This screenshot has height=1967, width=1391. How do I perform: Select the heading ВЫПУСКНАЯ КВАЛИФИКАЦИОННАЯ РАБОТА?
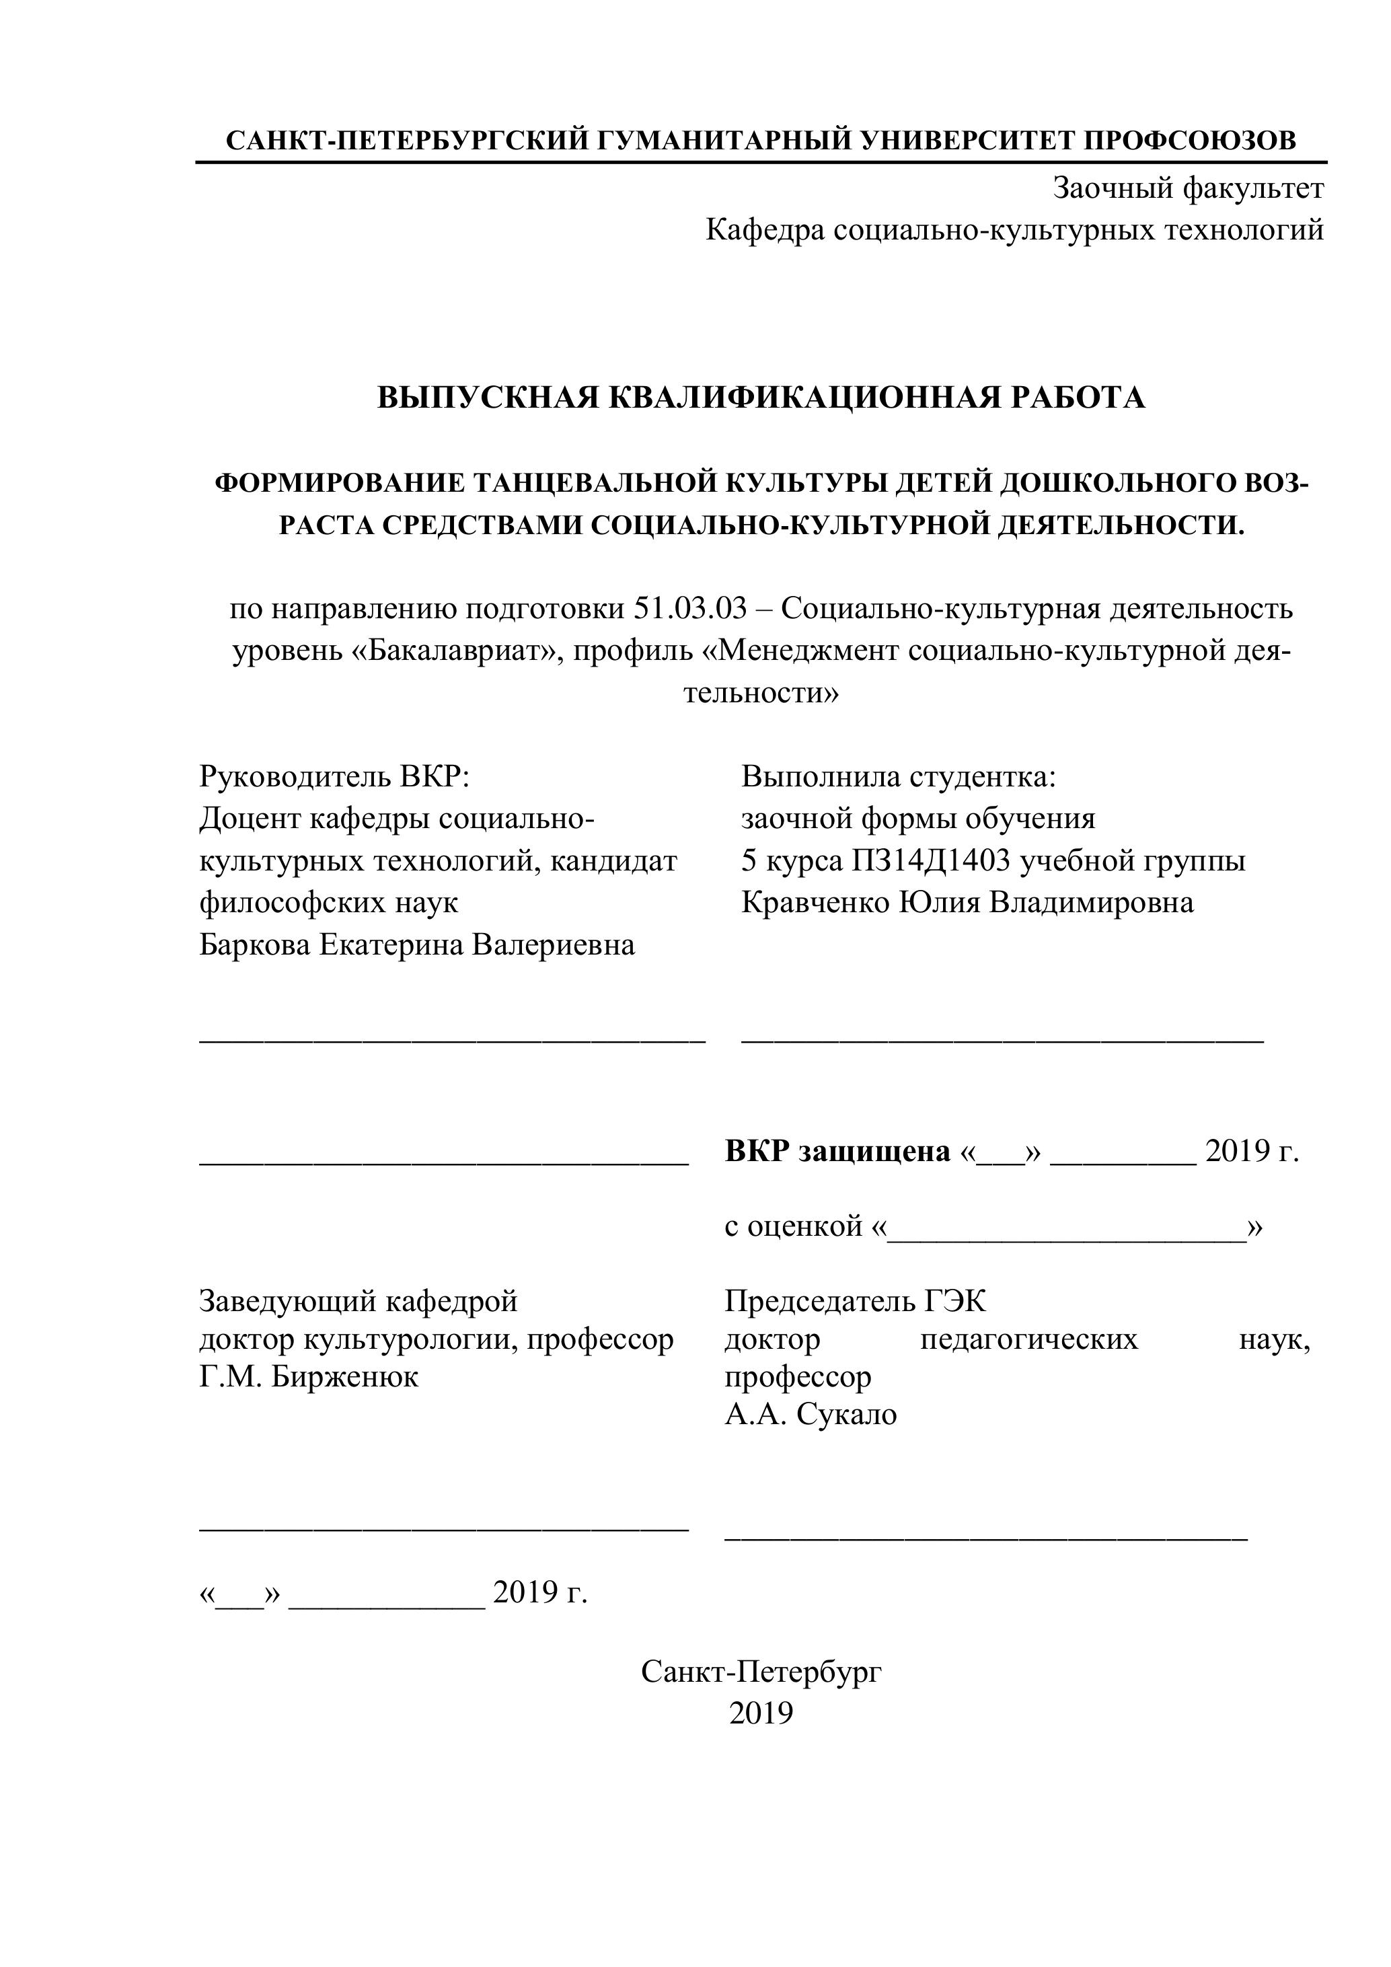(x=761, y=398)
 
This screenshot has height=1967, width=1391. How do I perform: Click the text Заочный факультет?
(x=1188, y=188)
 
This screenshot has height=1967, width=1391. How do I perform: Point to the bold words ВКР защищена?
(x=837, y=1152)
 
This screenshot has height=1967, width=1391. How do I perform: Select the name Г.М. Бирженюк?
(x=308, y=1377)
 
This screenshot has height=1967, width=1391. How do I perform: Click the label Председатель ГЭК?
(x=855, y=1301)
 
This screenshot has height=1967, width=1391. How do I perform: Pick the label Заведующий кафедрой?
(x=358, y=1301)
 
